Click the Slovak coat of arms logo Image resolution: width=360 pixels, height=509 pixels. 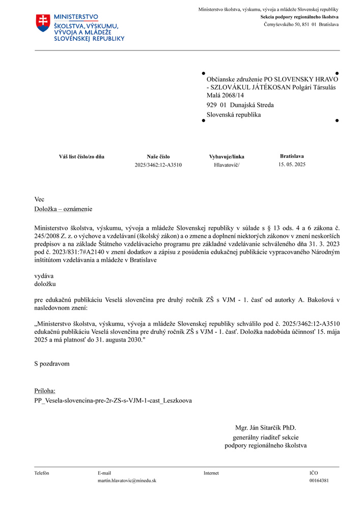point(43,23)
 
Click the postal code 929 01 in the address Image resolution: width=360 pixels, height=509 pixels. point(217,105)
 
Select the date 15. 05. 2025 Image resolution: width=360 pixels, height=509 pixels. point(292,164)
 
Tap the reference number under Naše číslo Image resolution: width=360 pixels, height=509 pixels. point(158,165)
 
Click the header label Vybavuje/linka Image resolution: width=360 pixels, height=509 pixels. point(227,157)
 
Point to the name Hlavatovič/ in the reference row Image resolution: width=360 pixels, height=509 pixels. point(227,165)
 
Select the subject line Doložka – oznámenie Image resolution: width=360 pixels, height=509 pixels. point(63,209)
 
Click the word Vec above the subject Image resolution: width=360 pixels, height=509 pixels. point(39,200)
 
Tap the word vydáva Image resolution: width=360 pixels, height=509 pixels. point(44,275)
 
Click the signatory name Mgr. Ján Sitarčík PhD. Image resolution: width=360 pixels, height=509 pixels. point(265,428)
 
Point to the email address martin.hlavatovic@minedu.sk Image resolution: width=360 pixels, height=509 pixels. point(127,480)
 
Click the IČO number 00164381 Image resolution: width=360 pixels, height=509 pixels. point(319,480)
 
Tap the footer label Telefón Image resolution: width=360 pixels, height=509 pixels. point(42,473)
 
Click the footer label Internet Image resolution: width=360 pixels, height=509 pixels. point(211,473)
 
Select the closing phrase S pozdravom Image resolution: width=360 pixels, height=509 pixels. point(52,364)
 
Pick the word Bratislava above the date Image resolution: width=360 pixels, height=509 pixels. point(292,156)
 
